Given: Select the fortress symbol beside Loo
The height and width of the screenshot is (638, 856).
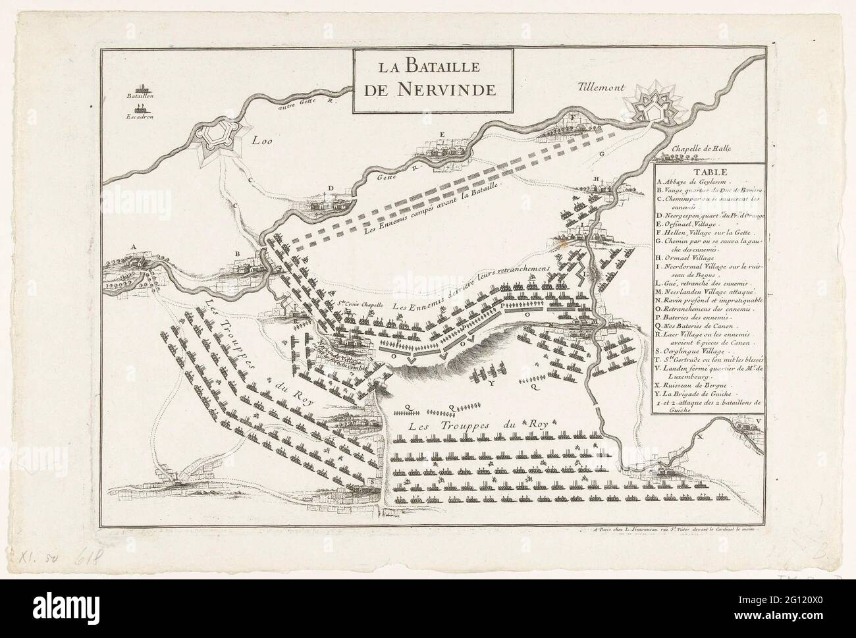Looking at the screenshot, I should click(215, 134).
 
